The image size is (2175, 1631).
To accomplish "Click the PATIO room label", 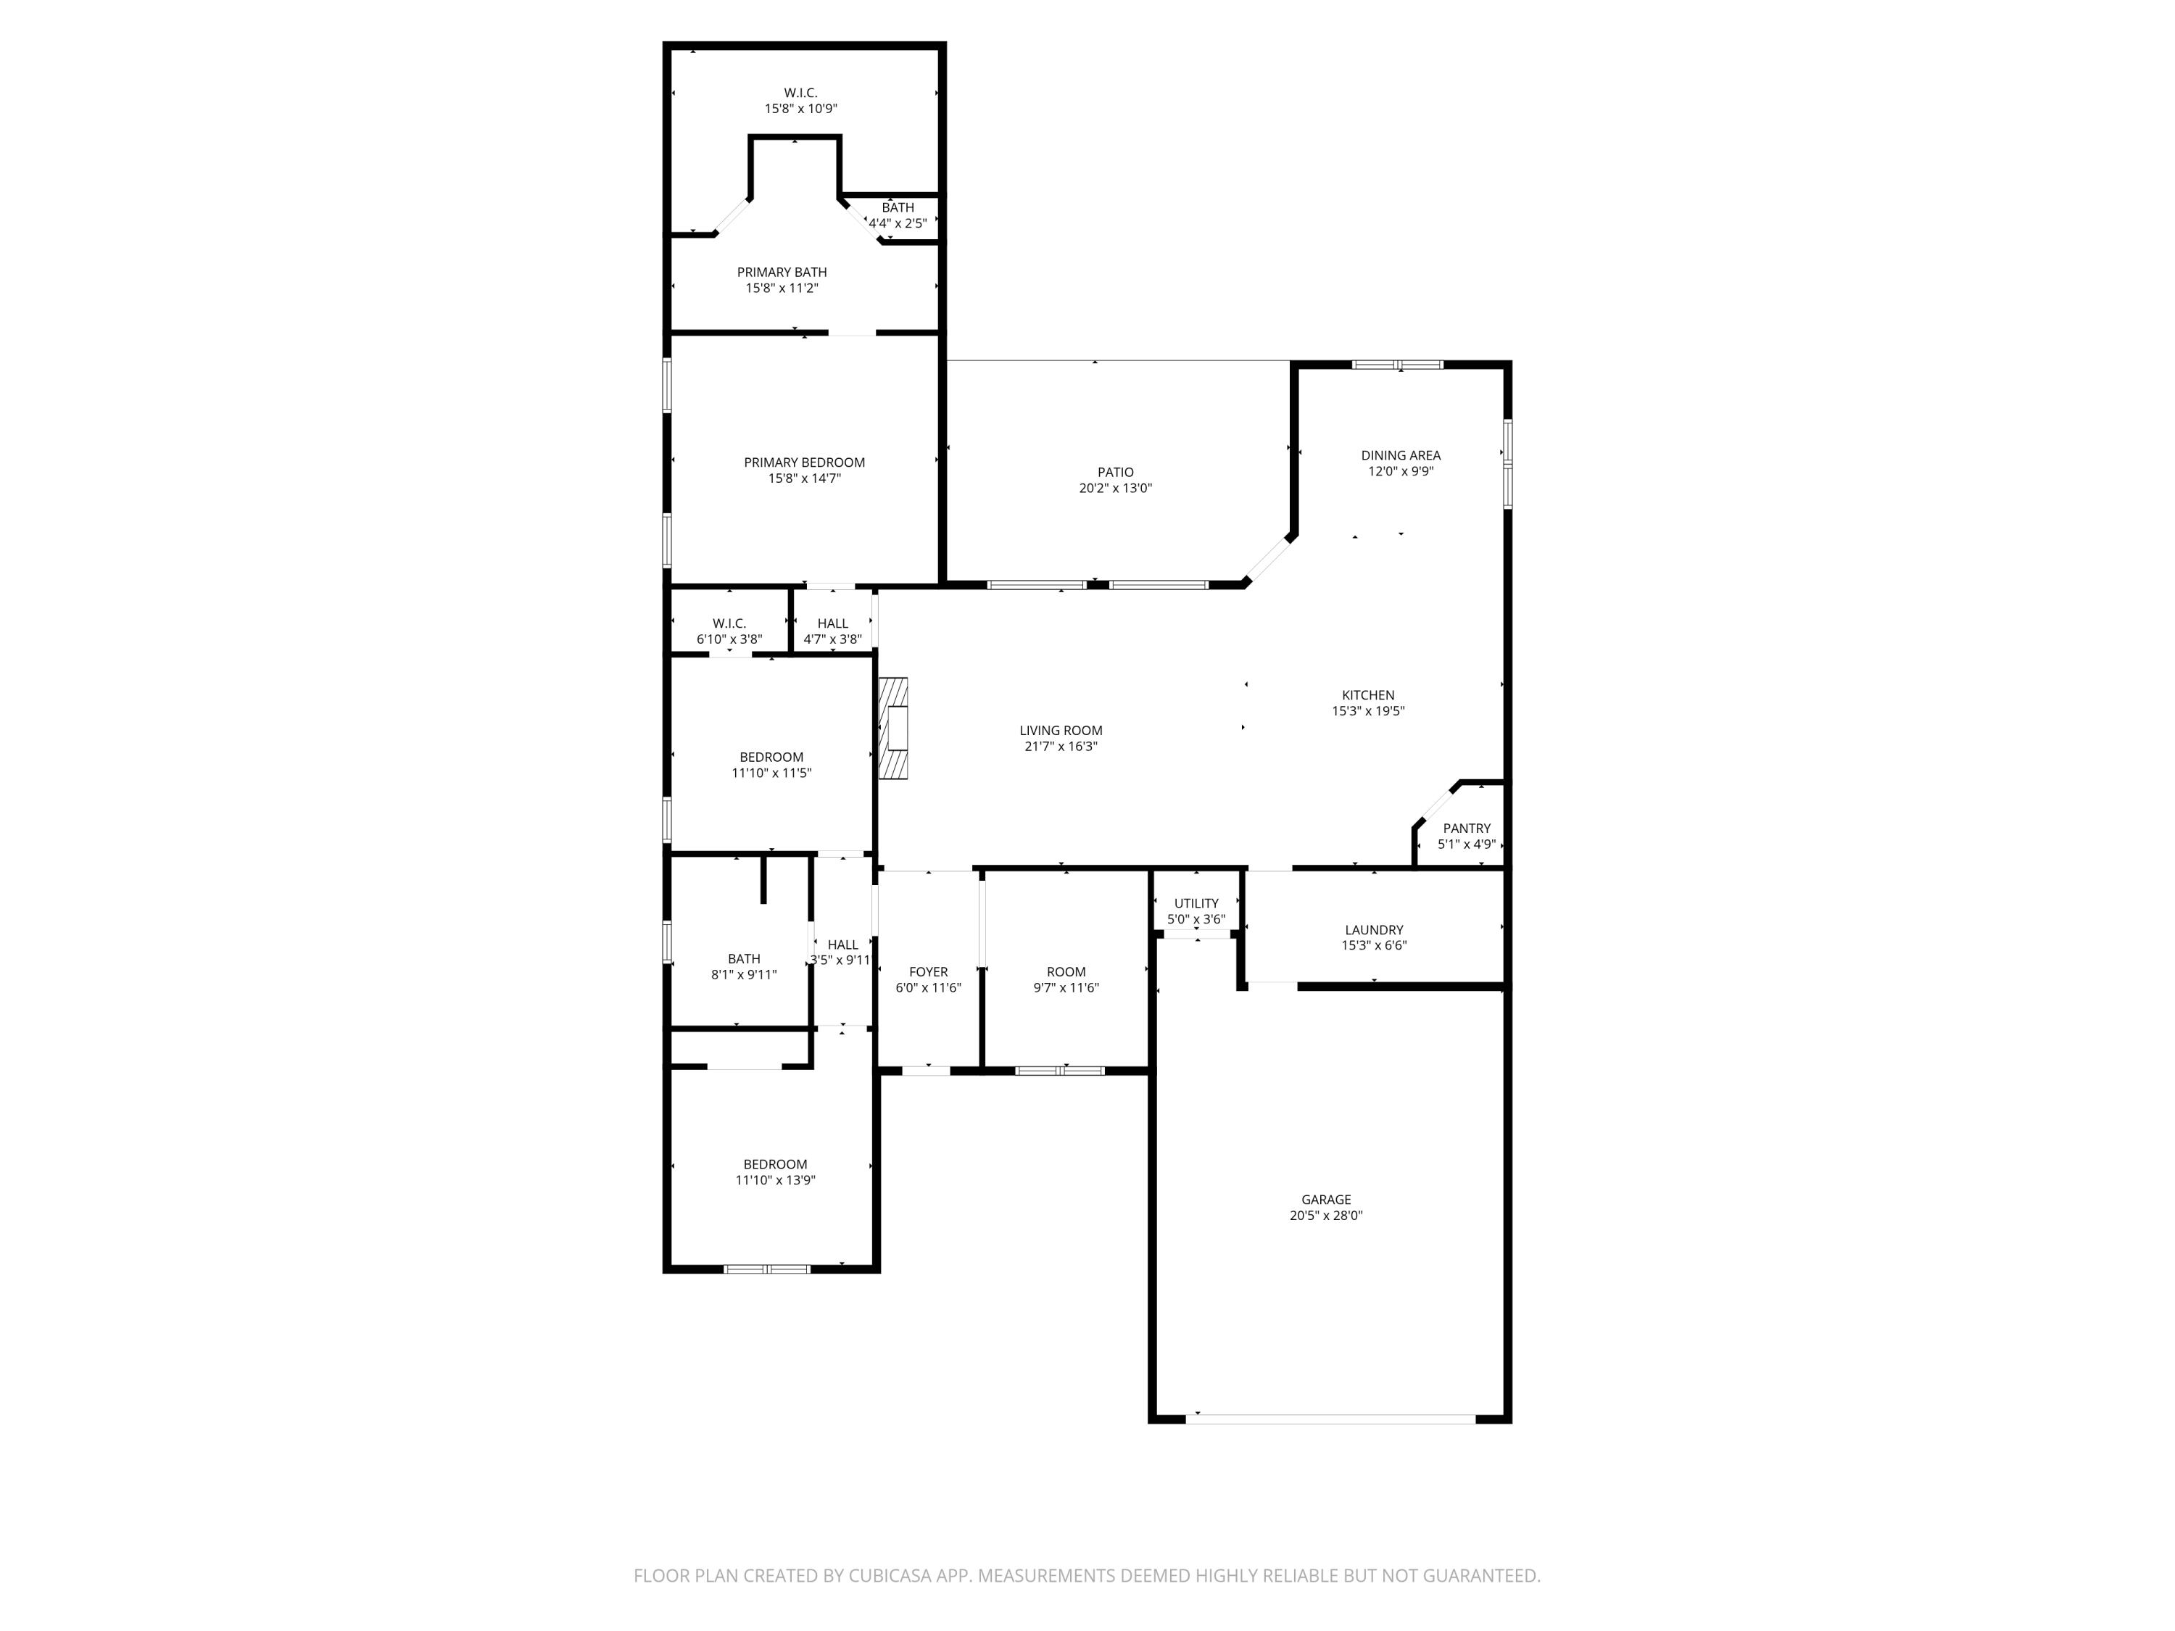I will pyautogui.click(x=1115, y=472).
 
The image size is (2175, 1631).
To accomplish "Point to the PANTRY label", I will pyautogui.click(x=1466, y=828).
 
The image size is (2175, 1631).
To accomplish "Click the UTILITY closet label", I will pyautogui.click(x=1196, y=902).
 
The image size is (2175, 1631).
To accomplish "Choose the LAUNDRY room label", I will pyautogui.click(x=1374, y=929).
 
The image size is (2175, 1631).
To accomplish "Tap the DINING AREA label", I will pyautogui.click(x=1400, y=455).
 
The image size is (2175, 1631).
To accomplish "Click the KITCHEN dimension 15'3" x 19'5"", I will pyautogui.click(x=1368, y=711).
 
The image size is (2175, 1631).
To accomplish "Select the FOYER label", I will pyautogui.click(x=928, y=971).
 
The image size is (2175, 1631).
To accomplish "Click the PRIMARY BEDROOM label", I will pyautogui.click(x=804, y=462).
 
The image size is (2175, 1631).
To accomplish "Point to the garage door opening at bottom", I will pyautogui.click(x=1330, y=1419).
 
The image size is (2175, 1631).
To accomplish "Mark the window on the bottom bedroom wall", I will pyautogui.click(x=767, y=1269).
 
